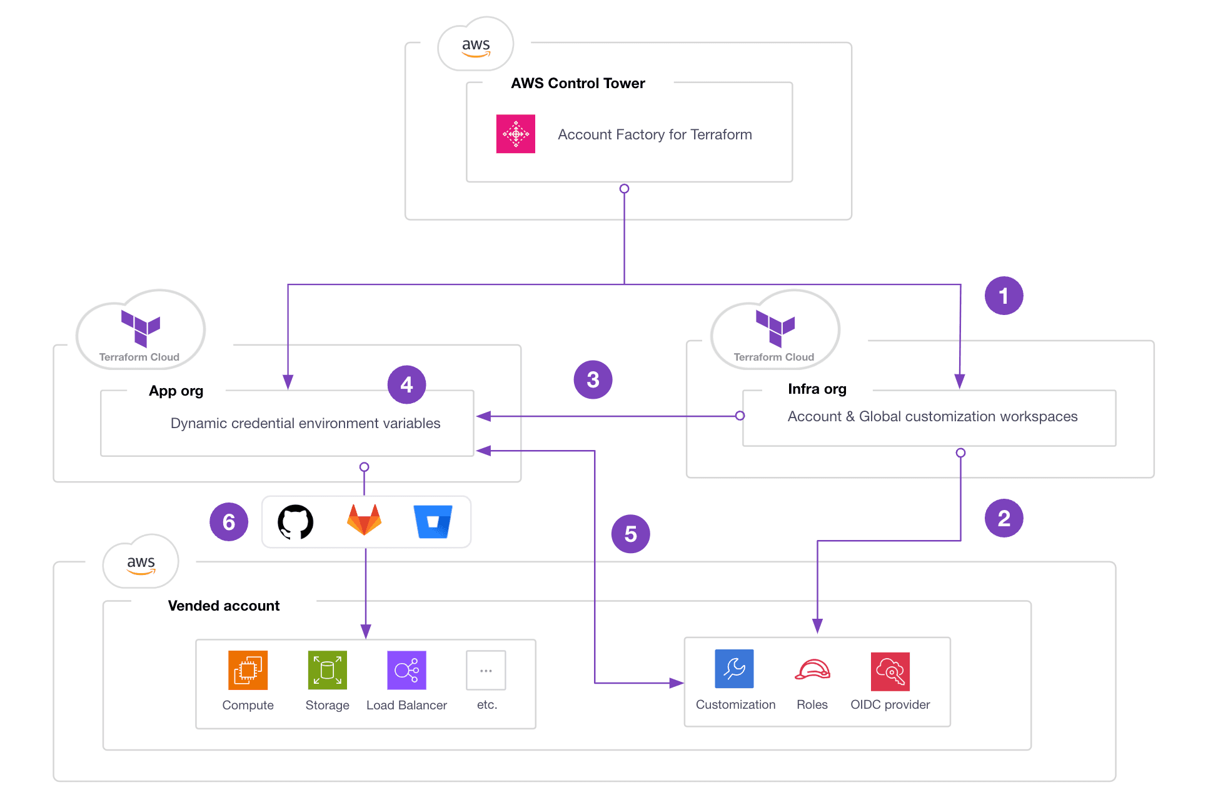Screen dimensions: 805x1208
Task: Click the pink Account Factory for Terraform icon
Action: pyautogui.click(x=515, y=134)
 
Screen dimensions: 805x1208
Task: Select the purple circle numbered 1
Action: pyautogui.click(x=1003, y=296)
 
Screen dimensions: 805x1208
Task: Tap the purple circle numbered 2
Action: pyautogui.click(x=1003, y=518)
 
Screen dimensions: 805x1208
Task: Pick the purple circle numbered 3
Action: pyautogui.click(x=592, y=379)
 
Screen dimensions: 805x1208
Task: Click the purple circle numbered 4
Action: pyautogui.click(x=406, y=384)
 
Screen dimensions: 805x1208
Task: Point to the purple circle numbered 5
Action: pyautogui.click(x=630, y=534)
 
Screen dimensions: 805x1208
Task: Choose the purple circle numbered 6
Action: pyautogui.click(x=229, y=522)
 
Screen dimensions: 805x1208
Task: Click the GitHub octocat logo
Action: pyautogui.click(x=295, y=522)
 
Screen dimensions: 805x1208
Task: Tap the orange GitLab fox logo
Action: pyautogui.click(x=364, y=520)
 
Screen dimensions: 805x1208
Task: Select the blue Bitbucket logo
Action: pyautogui.click(x=433, y=522)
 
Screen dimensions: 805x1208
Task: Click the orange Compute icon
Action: pyautogui.click(x=248, y=670)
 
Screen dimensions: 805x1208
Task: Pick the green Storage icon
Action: pyautogui.click(x=327, y=670)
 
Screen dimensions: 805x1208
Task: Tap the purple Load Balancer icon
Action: pyautogui.click(x=406, y=670)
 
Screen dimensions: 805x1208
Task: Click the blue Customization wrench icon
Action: pyautogui.click(x=734, y=669)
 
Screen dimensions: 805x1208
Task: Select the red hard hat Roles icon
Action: pyautogui.click(x=812, y=669)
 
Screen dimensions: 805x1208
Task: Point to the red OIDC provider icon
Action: pyautogui.click(x=890, y=671)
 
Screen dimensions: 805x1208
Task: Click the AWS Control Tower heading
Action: pyautogui.click(x=578, y=83)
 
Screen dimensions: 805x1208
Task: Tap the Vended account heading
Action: pyautogui.click(x=223, y=606)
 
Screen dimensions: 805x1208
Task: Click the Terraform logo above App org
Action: pyautogui.click(x=141, y=327)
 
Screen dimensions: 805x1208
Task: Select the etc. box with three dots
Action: pyautogui.click(x=486, y=671)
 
